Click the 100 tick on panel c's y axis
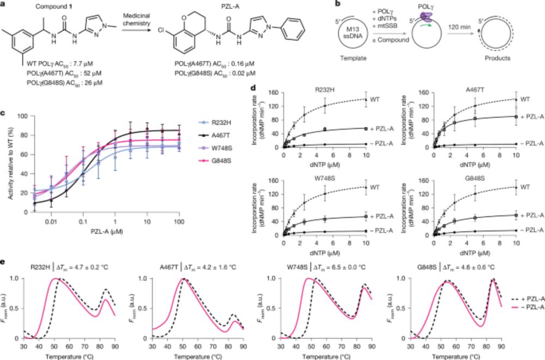(22, 115)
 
